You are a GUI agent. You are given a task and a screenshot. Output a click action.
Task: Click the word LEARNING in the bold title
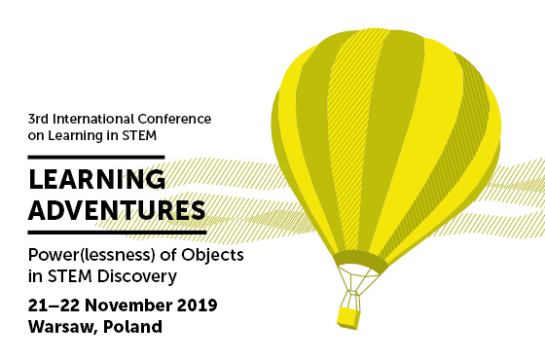click(x=95, y=180)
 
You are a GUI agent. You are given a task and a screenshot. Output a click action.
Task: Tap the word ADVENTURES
click(x=118, y=209)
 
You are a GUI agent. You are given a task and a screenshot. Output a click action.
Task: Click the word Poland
click(x=135, y=327)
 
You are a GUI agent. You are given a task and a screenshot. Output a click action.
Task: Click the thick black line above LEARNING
click(x=96, y=157)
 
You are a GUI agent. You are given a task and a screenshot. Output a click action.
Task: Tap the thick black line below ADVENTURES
click(x=118, y=234)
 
